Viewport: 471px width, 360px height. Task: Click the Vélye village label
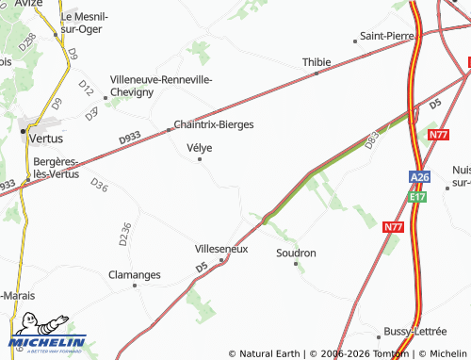(x=200, y=147)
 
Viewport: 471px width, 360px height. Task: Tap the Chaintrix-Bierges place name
(x=213, y=123)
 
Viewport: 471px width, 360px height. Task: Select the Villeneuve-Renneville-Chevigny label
(x=161, y=86)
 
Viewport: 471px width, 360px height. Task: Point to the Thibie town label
(x=317, y=62)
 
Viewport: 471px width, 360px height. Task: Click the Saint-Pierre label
(x=389, y=37)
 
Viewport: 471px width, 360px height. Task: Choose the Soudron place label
(x=296, y=253)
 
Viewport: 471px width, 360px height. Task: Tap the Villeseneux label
(x=220, y=249)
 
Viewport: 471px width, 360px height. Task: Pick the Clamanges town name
(x=134, y=275)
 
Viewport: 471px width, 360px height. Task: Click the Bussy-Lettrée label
(x=414, y=332)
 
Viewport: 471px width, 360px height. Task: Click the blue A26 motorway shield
(x=419, y=177)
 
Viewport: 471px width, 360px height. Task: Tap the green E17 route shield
(x=418, y=197)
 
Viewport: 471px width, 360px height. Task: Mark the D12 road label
(x=86, y=90)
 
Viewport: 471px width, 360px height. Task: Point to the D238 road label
(x=27, y=42)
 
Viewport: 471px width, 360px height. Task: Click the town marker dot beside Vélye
(x=200, y=159)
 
